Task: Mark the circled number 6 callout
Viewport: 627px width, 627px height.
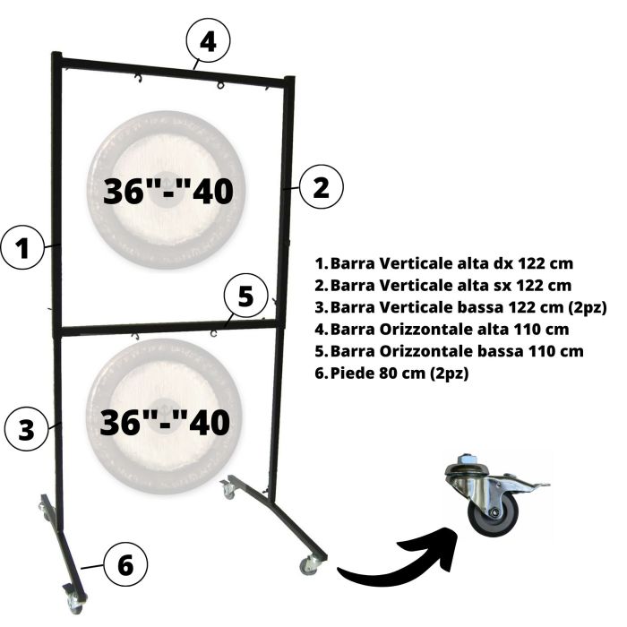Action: pyautogui.click(x=126, y=565)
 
